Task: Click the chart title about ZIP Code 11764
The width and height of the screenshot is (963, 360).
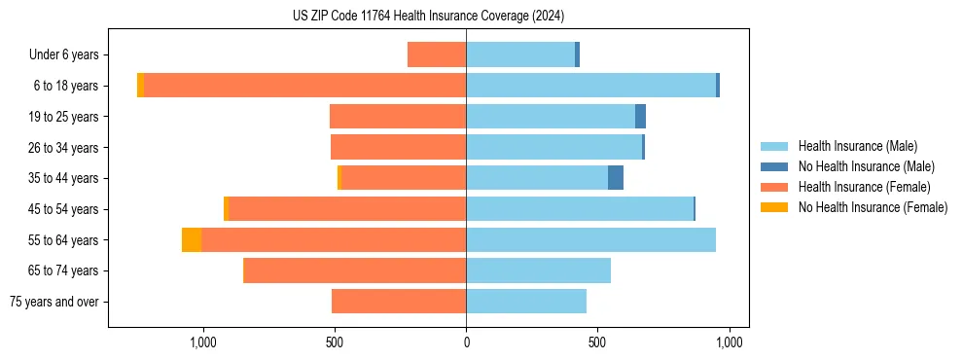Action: point(428,16)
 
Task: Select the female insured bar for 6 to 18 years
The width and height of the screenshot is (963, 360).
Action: point(304,86)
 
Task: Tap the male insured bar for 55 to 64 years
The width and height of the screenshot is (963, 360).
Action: point(590,239)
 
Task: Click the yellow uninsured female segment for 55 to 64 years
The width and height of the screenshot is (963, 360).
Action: point(192,239)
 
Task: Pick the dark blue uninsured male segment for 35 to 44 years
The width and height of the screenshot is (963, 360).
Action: point(616,178)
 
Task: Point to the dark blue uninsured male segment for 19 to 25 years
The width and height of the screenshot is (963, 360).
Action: point(640,117)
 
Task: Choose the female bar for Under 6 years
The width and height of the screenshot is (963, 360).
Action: point(437,54)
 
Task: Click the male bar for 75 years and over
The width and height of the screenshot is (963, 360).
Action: point(526,302)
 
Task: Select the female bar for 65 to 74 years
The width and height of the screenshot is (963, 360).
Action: point(354,270)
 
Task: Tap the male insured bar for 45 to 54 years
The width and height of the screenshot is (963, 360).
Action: point(580,209)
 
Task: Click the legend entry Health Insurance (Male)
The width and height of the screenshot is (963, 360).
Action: point(856,146)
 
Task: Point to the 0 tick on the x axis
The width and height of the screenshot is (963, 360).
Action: point(466,342)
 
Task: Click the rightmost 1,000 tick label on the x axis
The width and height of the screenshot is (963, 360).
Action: point(730,342)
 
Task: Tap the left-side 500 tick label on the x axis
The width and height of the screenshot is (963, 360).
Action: point(334,342)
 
